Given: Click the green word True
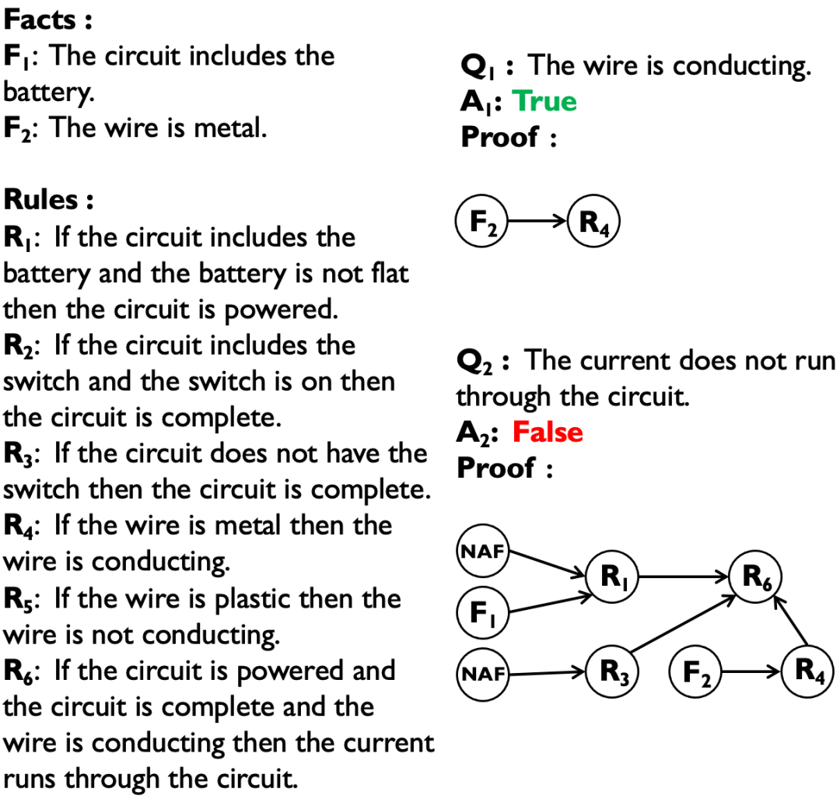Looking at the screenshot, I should click(x=544, y=101).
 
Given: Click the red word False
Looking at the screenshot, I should click(x=547, y=432).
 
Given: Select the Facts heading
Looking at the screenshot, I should click(x=48, y=19).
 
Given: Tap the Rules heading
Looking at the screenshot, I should click(x=49, y=200).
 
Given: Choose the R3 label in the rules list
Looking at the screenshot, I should click(x=23, y=454).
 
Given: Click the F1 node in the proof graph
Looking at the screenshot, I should click(x=481, y=612).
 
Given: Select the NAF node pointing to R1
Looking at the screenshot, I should click(x=481, y=552).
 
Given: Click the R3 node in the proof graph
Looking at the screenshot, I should click(x=613, y=671).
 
